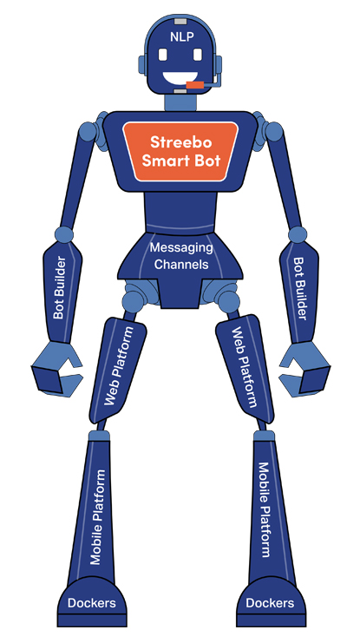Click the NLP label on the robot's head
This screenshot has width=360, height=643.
coord(181,37)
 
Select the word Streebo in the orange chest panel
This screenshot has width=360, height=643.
coord(180,142)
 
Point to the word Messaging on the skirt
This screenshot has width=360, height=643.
coord(181,248)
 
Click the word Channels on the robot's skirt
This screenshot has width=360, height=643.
coord(181,264)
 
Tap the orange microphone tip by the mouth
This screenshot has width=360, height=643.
coord(195,85)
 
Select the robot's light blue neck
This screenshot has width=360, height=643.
coord(180,102)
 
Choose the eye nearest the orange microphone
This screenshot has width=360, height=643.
coord(198,54)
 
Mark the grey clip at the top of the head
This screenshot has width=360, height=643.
coord(180,20)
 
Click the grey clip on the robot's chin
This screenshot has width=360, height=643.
coord(180,91)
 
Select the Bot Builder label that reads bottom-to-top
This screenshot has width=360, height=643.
coord(59,288)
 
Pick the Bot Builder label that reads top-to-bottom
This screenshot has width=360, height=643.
coord(299,289)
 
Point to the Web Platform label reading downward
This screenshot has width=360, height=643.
coord(245,367)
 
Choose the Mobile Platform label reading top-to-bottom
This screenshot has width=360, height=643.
coord(264,509)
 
